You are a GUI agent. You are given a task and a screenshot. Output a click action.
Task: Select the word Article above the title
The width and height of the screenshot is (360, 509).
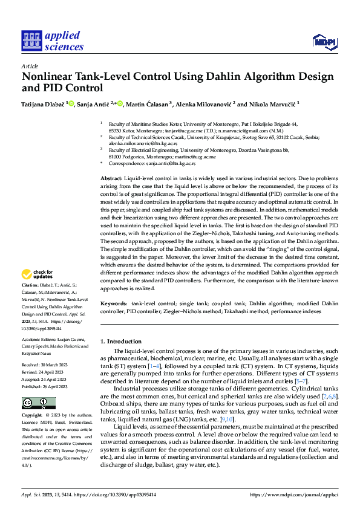click(x=30, y=66)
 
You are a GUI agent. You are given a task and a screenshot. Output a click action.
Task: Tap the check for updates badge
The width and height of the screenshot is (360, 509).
click(x=38, y=274)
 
